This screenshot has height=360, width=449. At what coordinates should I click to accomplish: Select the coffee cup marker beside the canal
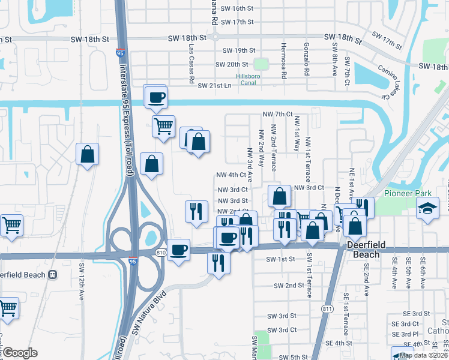(x=156, y=97)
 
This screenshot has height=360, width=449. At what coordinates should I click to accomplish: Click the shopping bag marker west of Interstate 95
(x=87, y=154)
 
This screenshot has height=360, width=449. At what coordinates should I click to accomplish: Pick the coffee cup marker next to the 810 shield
(x=178, y=249)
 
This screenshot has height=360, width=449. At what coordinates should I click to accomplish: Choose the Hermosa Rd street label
(x=283, y=58)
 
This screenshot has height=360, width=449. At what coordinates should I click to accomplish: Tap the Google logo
(x=20, y=352)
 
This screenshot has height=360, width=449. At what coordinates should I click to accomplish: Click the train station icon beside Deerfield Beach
(x=52, y=274)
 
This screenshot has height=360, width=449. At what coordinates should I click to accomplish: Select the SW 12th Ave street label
(x=81, y=281)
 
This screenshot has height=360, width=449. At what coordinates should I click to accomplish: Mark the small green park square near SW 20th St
(x=260, y=64)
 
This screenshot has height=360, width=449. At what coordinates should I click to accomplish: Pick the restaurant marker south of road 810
(x=217, y=262)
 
